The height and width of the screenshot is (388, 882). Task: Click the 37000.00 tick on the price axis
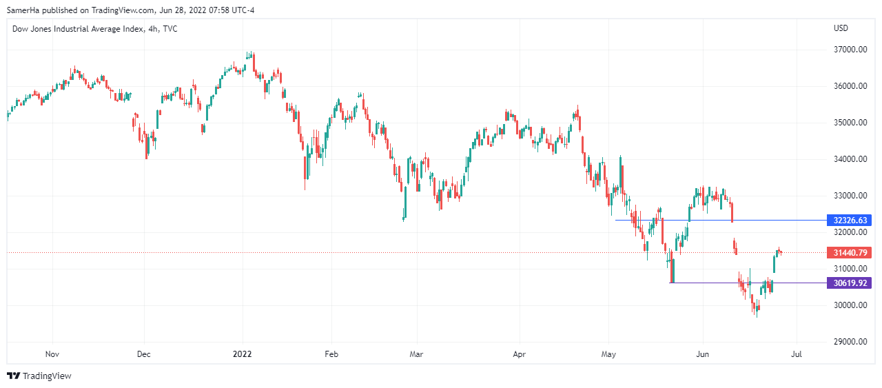coord(850,50)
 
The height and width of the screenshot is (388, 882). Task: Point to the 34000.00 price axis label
coord(850,159)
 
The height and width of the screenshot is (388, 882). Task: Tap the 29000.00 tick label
coord(850,342)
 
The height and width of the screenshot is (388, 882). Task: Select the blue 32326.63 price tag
coord(850,221)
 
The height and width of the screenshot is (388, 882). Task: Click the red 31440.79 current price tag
coord(850,253)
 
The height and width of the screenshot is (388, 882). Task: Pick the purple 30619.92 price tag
coord(850,283)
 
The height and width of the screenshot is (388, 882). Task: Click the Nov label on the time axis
coord(52,354)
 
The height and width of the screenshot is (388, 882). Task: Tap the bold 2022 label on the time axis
coord(243,354)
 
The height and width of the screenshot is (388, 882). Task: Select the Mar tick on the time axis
coord(416,354)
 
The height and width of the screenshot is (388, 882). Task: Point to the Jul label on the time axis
coord(797,354)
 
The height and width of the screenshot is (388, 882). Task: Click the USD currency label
coord(841,28)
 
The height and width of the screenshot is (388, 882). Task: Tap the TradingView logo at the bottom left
coord(39,376)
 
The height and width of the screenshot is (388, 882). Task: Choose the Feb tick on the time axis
coord(331,354)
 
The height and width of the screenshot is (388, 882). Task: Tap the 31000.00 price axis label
coord(850,269)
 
